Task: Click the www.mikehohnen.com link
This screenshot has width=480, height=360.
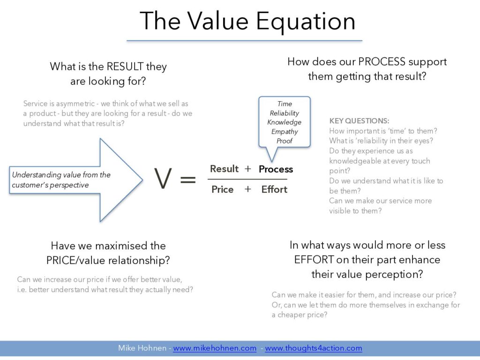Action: click(215, 348)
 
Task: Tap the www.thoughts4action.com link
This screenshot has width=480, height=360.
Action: click(314, 348)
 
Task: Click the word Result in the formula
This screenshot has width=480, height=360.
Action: click(224, 169)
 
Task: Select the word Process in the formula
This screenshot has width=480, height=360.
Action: click(276, 169)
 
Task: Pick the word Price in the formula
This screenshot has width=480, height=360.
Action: click(222, 189)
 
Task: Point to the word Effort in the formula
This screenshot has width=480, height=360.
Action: click(274, 189)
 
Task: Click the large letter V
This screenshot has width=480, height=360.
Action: click(163, 179)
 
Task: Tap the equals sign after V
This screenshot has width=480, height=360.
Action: click(188, 179)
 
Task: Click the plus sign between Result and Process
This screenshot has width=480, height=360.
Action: click(247, 169)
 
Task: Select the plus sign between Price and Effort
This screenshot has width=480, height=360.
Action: click(247, 189)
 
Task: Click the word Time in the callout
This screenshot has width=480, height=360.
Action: click(285, 104)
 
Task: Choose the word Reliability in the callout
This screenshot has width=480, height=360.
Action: click(285, 113)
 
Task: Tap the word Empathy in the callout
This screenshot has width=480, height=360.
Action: click(285, 132)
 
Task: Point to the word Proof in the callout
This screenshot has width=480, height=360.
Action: click(285, 141)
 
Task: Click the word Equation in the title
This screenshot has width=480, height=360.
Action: click(306, 22)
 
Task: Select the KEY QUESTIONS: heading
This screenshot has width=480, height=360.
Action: click(359, 121)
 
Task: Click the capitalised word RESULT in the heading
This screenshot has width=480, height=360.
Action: click(125, 67)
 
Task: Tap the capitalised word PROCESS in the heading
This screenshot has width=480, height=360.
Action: click(382, 61)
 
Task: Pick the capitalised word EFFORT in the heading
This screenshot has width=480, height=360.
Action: click(314, 260)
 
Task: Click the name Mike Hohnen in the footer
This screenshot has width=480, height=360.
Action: click(142, 348)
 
